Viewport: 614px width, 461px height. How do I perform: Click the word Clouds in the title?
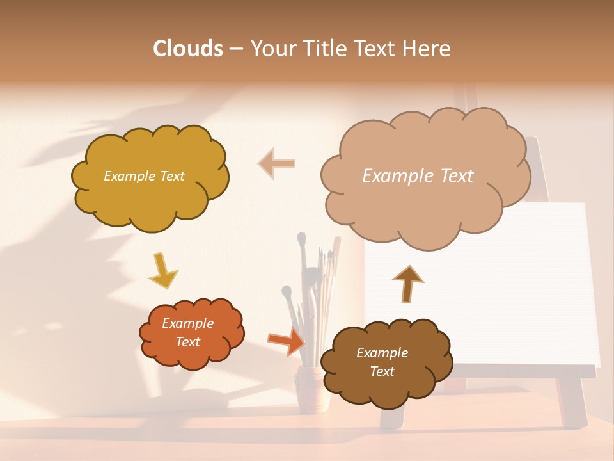pos(187,49)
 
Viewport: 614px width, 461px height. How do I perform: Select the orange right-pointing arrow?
pos(286,341)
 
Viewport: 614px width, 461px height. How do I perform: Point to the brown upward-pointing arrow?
pos(407,284)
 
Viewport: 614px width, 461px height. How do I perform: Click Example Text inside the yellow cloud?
pos(144,176)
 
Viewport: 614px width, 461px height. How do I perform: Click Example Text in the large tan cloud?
pos(418,176)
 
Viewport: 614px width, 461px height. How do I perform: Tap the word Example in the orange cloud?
pos(187,323)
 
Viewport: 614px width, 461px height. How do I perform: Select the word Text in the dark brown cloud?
pos(382,371)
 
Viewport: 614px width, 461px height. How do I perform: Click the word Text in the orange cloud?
pos(187,342)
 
